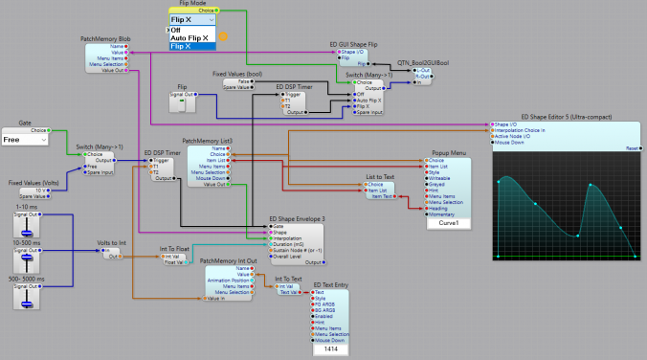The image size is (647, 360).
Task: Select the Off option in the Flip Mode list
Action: (177, 30)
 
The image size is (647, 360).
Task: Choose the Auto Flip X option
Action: (189, 38)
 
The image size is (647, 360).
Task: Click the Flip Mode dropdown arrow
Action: (210, 18)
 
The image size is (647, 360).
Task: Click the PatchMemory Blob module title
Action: (104, 40)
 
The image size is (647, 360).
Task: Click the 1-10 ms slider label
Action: (26, 208)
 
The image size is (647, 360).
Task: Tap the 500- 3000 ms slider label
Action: (27, 278)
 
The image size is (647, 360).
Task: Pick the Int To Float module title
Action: (177, 249)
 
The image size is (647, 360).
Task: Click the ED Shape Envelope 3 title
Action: (297, 218)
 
